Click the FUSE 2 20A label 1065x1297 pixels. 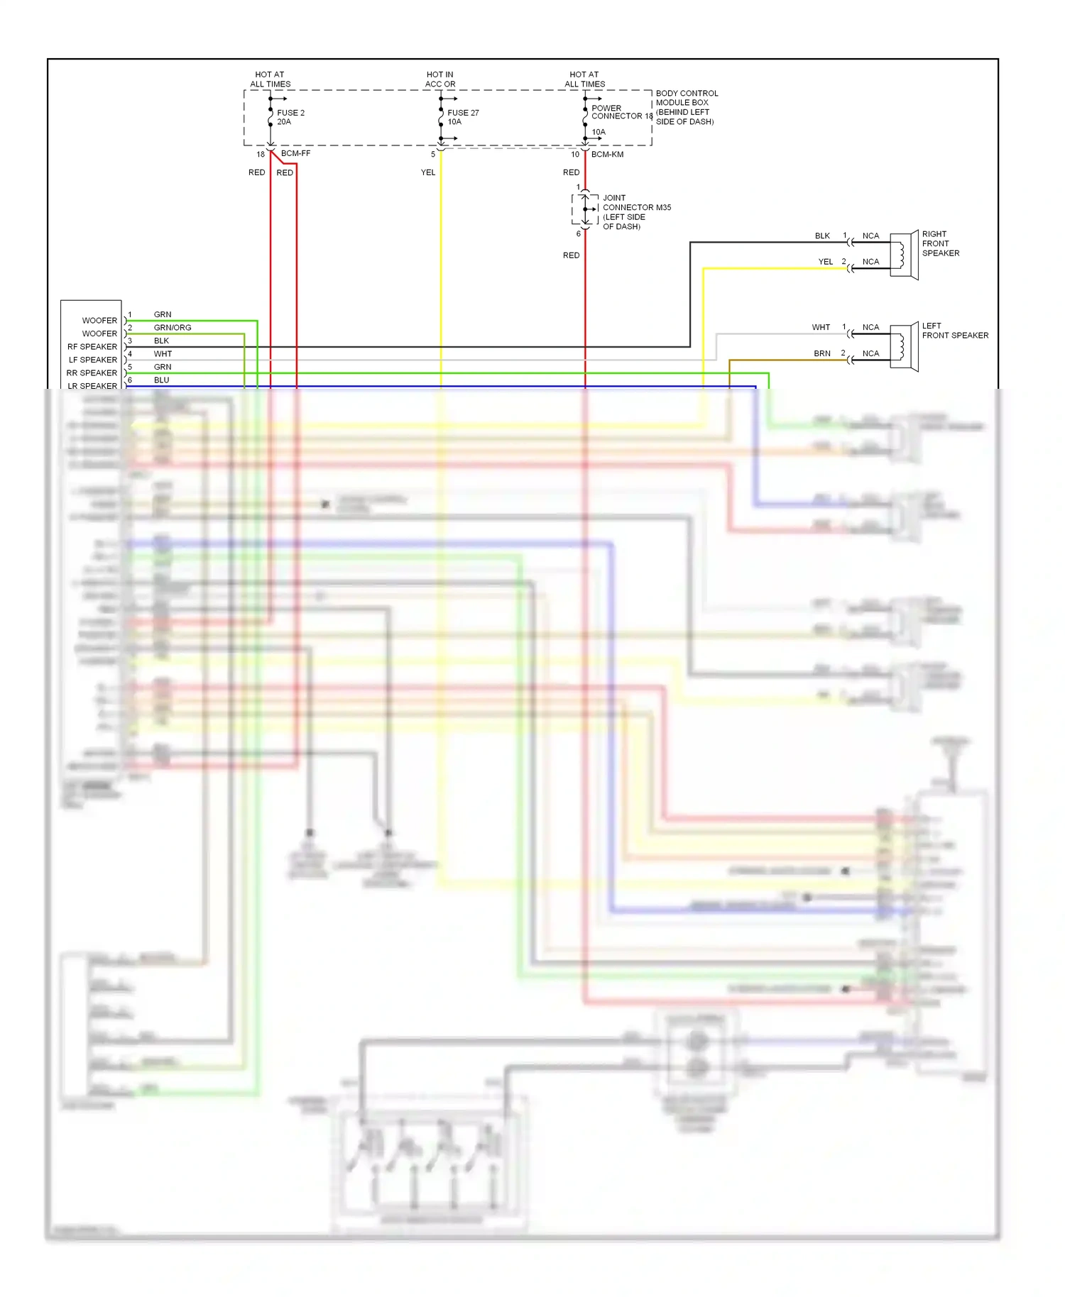pyautogui.click(x=290, y=117)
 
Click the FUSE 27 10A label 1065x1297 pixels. pyautogui.click(x=462, y=117)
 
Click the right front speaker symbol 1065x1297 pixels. pyautogui.click(x=904, y=255)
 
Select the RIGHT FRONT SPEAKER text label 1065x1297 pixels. pyautogui.click(x=940, y=243)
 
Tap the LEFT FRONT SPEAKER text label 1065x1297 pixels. pyautogui.click(x=954, y=331)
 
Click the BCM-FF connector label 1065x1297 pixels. pyautogui.click(x=295, y=153)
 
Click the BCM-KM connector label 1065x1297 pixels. pyautogui.click(x=607, y=154)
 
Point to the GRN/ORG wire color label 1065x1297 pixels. pyautogui.click(x=173, y=328)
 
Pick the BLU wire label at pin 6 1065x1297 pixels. pyautogui.click(x=162, y=380)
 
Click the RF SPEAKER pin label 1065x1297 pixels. pyautogui.click(x=92, y=347)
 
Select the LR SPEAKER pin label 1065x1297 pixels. pyautogui.click(x=92, y=386)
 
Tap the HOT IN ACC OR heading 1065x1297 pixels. pyautogui.click(x=440, y=79)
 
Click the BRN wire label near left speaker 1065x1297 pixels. pyautogui.click(x=822, y=353)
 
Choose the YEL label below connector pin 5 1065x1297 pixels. pyautogui.click(x=428, y=172)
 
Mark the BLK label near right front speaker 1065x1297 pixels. pyautogui.click(x=822, y=236)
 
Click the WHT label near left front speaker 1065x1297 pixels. pyautogui.click(x=821, y=327)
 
